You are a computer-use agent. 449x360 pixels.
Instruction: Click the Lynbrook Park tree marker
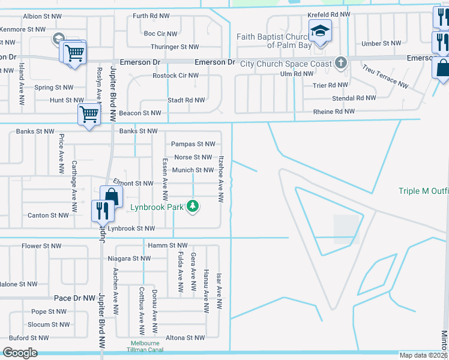click(192, 206)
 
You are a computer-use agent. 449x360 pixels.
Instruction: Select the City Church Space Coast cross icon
click(341, 62)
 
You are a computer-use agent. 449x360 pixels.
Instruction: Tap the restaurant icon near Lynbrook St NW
click(101, 210)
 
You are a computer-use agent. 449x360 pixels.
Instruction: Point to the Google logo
click(20, 353)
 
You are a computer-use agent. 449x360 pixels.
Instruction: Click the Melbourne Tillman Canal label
click(145, 347)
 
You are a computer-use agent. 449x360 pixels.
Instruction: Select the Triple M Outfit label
click(424, 191)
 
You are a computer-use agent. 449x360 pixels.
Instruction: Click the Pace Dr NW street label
click(74, 298)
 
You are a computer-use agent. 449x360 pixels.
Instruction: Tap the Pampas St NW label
click(193, 144)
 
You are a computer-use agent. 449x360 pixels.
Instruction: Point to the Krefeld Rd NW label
click(328, 14)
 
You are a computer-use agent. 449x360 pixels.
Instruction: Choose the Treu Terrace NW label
click(385, 77)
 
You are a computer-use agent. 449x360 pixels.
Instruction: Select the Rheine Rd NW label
click(334, 112)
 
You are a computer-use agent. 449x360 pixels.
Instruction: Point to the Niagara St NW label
click(129, 259)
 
